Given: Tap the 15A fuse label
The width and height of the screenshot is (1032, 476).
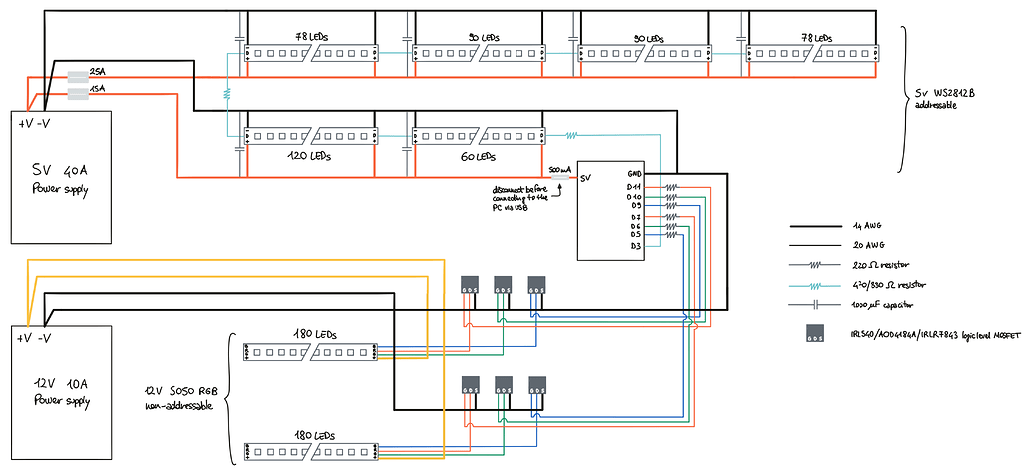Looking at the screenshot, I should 97,90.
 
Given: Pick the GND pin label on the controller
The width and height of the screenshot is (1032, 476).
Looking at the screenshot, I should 635,174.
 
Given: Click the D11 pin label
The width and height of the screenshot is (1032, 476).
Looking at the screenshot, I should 634,186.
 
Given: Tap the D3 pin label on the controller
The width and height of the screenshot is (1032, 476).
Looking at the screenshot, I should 635,245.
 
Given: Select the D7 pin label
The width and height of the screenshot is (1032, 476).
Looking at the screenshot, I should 635,216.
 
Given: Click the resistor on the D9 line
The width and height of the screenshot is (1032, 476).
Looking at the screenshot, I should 671,206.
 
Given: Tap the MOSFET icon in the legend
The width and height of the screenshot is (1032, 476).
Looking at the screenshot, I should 815,333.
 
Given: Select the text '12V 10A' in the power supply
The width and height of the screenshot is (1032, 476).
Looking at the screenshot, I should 59,383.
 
